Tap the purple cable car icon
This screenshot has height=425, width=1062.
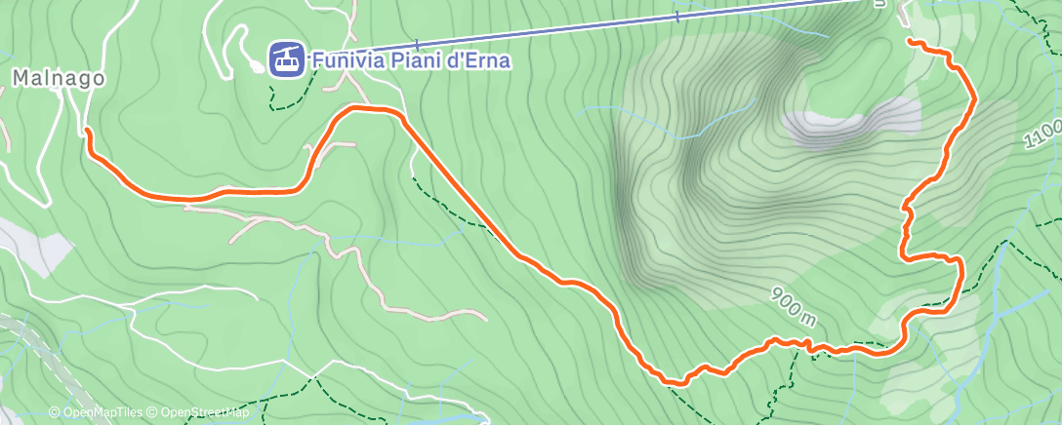(x=285, y=58)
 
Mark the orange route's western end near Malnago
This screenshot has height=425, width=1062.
(x=88, y=130)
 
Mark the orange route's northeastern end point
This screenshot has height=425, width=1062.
(x=910, y=42)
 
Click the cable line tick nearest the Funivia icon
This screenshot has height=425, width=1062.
(x=417, y=45)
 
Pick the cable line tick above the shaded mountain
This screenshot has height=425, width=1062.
(x=677, y=17)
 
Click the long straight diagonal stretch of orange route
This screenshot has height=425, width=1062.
(x=459, y=185)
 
